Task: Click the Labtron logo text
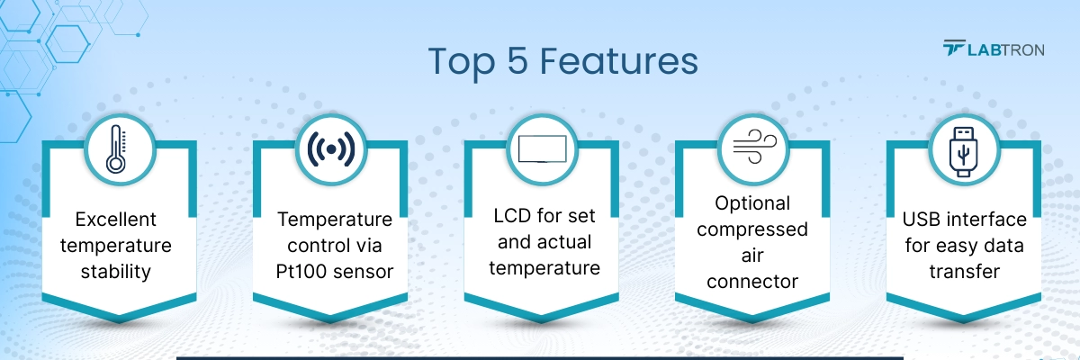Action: [x=1005, y=49]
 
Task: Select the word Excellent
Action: [x=115, y=219]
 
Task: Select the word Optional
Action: [x=752, y=202]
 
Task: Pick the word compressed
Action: [x=752, y=229]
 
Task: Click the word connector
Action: [x=752, y=281]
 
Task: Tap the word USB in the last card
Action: [x=923, y=219]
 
